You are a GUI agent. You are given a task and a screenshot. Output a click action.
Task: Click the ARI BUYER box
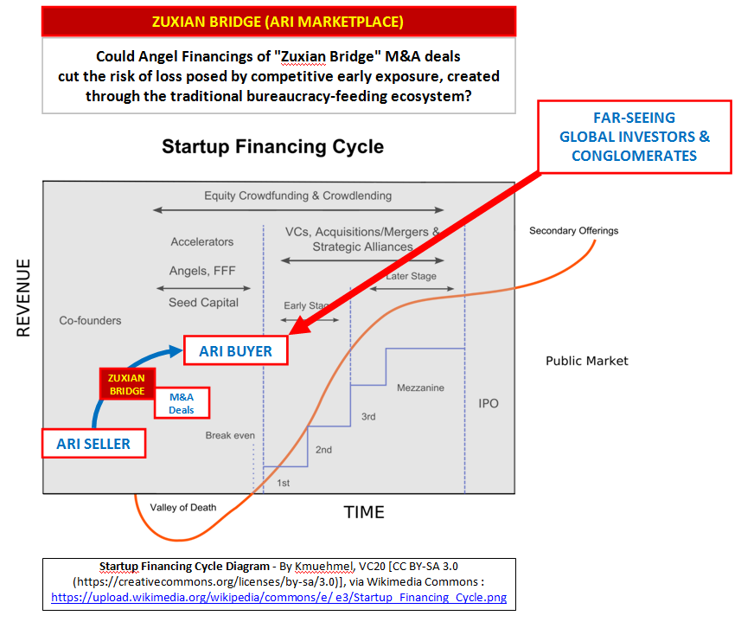coord(235,350)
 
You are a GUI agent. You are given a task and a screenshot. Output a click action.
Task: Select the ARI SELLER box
coord(93,443)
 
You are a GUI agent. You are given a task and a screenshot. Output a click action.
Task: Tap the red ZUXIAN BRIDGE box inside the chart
coord(127,384)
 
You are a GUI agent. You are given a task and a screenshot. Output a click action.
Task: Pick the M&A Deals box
coord(182,403)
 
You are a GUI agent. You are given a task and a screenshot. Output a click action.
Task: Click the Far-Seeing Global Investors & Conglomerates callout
coord(634,137)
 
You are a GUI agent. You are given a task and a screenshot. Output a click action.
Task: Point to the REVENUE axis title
coord(23,298)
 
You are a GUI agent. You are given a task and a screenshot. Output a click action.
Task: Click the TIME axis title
coord(364,512)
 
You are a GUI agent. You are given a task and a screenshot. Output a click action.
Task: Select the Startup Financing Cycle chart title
coord(272,146)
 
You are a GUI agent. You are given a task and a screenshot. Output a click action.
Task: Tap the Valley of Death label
coord(183,508)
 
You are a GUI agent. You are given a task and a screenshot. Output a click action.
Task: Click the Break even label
coord(230,435)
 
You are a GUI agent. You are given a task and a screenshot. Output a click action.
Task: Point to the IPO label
coord(489,403)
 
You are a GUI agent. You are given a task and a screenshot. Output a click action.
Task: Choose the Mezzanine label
coord(420,388)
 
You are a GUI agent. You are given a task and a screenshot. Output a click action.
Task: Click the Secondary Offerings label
coord(574,231)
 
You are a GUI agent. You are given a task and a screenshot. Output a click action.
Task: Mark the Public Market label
coord(587,361)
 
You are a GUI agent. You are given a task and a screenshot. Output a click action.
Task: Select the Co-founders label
coord(90,320)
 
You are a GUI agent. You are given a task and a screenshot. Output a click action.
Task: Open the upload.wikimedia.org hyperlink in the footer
coord(278,598)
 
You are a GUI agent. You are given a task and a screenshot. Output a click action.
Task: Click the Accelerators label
coord(202,242)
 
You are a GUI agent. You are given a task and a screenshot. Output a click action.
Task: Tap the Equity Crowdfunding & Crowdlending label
coord(297,196)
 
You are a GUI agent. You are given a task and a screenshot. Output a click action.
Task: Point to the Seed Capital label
coord(204,303)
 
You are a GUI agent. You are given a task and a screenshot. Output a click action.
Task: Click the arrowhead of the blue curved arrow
coord(176,350)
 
